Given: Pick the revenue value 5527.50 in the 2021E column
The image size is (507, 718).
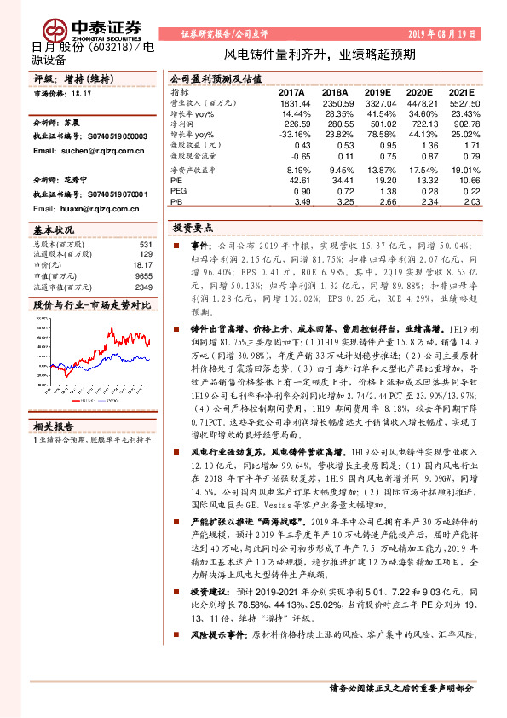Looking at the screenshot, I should (x=464, y=102).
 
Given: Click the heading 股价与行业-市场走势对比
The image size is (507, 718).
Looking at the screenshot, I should (x=91, y=304).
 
